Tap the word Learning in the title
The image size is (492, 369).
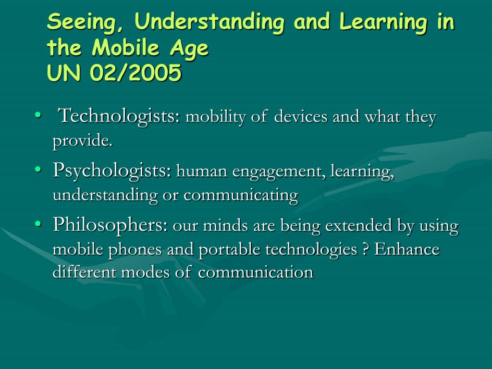[383, 22]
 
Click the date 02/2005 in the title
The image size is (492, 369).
[135, 73]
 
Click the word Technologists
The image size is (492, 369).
[120, 116]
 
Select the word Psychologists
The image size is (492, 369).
[112, 171]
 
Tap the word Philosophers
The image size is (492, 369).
[110, 225]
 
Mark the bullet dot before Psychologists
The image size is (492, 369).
[38, 169]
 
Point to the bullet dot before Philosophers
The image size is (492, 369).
[38, 223]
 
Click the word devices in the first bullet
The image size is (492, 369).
[301, 117]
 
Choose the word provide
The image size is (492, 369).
[83, 141]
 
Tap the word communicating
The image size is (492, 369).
[241, 195]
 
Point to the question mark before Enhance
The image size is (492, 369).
[365, 249]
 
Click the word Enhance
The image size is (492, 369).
[406, 249]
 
